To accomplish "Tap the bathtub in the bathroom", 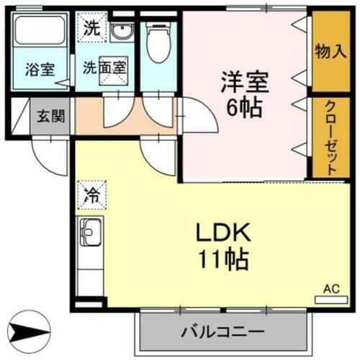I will click(x=40, y=33).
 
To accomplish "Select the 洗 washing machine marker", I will click(x=92, y=30).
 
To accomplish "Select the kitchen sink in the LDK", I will click(x=91, y=234).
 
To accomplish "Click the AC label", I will click(x=329, y=288).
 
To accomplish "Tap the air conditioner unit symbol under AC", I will click(x=328, y=298).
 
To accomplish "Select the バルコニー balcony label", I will click(x=222, y=332).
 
